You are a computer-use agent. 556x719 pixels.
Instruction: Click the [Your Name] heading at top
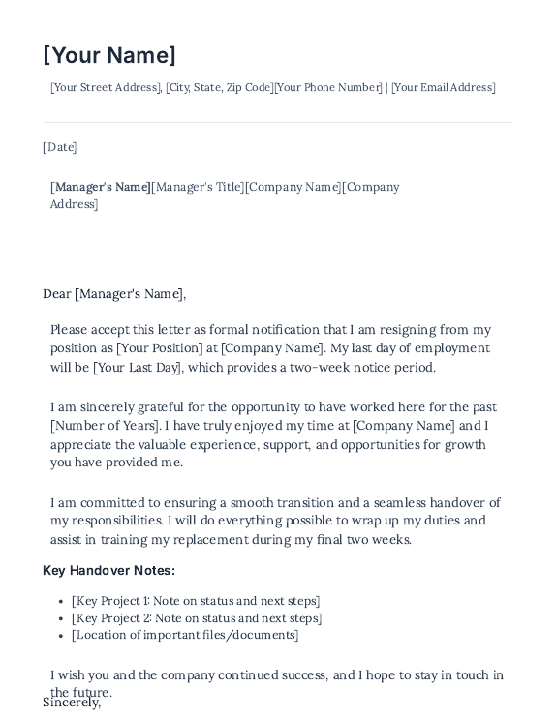pyautogui.click(x=109, y=55)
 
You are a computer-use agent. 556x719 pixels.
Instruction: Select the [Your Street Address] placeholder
pyautogui.click(x=106, y=87)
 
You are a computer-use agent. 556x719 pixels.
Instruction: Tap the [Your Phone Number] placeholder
pyautogui.click(x=328, y=87)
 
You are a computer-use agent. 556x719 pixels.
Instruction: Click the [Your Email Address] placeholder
pyautogui.click(x=444, y=87)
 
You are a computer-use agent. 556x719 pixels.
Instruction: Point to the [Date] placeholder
pyautogui.click(x=60, y=147)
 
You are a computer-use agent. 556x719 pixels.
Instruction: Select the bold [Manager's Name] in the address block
pyautogui.click(x=101, y=187)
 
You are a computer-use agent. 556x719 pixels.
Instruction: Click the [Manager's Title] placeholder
pyautogui.click(x=198, y=187)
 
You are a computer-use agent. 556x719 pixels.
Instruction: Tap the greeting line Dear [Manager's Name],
pyautogui.click(x=114, y=294)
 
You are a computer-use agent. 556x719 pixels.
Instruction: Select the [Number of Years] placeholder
pyautogui.click(x=105, y=426)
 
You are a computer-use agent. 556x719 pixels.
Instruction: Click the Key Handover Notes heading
pyautogui.click(x=108, y=570)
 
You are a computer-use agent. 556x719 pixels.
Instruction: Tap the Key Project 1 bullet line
pyautogui.click(x=196, y=601)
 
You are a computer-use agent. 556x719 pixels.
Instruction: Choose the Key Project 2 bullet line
pyautogui.click(x=196, y=618)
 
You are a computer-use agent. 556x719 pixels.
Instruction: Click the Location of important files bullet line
pyautogui.click(x=185, y=635)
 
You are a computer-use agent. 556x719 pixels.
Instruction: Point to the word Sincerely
pyautogui.click(x=72, y=704)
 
